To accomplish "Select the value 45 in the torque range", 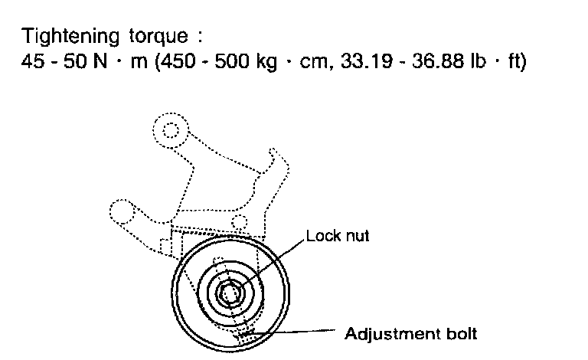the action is [34, 62].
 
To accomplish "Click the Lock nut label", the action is [337, 236].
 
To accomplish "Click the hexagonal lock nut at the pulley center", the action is [230, 293].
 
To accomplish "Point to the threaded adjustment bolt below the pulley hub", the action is [245, 332].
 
